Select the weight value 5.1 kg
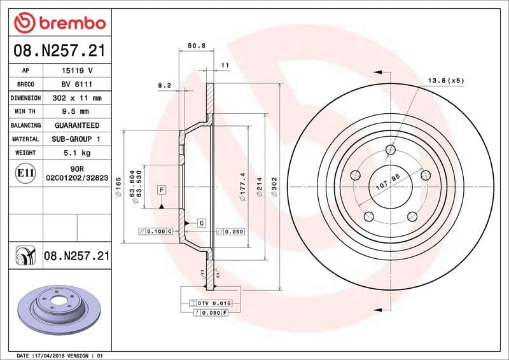coord(76,153)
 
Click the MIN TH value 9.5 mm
coord(76,112)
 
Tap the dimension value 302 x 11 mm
coord(76,99)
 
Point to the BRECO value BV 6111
coord(76,85)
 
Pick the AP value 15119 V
coord(76,71)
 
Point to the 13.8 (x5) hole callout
coord(446,81)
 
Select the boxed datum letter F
coord(162,190)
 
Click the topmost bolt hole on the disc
coord(391,150)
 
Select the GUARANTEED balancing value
coord(76,126)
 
